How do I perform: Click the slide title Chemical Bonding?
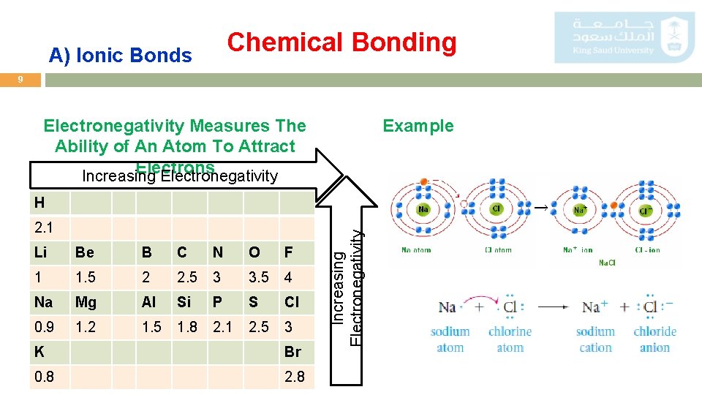tap(341, 42)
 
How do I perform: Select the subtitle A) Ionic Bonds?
tap(120, 55)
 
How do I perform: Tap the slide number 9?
tap(20, 80)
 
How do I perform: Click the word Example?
tap(418, 126)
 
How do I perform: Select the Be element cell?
tap(85, 252)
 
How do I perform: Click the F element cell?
tap(289, 252)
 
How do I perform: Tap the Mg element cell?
tap(86, 302)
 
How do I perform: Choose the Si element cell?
tap(185, 302)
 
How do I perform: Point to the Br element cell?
tap(292, 352)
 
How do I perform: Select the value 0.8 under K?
tap(44, 377)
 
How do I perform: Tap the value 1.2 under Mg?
tap(86, 327)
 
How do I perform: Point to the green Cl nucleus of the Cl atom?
tap(497, 209)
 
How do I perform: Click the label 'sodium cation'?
tap(595, 339)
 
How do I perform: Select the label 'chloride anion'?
tap(654, 339)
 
